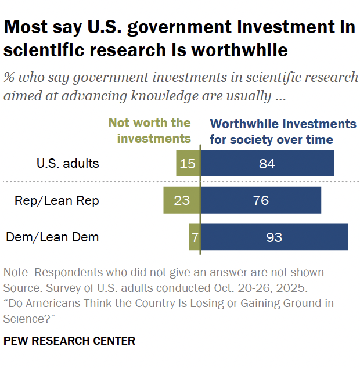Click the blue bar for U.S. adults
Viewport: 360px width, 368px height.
(267, 163)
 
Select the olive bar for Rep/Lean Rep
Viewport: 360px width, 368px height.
(181, 200)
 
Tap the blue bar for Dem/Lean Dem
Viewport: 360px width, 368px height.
(274, 237)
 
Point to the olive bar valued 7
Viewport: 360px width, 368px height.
(195, 237)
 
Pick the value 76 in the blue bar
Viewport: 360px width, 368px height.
(261, 200)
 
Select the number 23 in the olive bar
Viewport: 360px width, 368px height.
(182, 200)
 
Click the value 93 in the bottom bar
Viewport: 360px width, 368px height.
(274, 237)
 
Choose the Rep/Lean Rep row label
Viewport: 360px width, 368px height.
(57, 200)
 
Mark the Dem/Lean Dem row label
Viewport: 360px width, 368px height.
(52, 237)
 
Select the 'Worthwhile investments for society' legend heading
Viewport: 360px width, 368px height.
(283, 131)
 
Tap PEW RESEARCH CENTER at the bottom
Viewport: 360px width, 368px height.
(69, 341)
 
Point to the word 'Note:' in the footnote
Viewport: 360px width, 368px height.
(17, 272)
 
